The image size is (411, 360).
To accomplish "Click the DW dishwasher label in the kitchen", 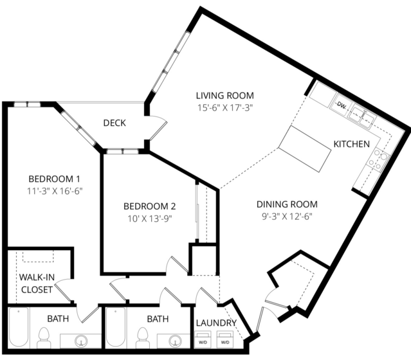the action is tap(342, 105).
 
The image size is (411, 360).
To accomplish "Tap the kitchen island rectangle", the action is tap(305, 148).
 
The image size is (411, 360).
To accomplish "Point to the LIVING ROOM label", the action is tap(225, 96).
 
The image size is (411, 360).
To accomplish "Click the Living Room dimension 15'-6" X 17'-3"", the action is tap(225, 108).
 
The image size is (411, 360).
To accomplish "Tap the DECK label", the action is tap(114, 123).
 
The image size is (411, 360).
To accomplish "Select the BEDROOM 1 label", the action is tap(54, 179).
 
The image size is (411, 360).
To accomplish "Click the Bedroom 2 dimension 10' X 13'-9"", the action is tap(150, 219).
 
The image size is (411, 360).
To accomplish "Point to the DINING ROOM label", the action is tap(287, 204).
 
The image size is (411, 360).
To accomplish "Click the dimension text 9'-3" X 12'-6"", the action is tap(287, 217).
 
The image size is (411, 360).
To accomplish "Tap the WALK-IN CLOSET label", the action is tap(37, 283).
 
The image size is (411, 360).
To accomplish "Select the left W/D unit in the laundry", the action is tap(203, 339).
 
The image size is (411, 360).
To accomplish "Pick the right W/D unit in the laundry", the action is tap(225, 339).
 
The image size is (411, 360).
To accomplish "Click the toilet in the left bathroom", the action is tap(44, 337).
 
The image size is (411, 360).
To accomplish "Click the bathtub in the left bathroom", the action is tap(19, 327).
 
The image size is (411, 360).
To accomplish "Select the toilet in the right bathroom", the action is tap(143, 337).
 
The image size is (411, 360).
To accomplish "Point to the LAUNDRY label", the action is tap(216, 323).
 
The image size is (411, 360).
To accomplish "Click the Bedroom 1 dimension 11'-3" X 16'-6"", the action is tap(55, 191).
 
